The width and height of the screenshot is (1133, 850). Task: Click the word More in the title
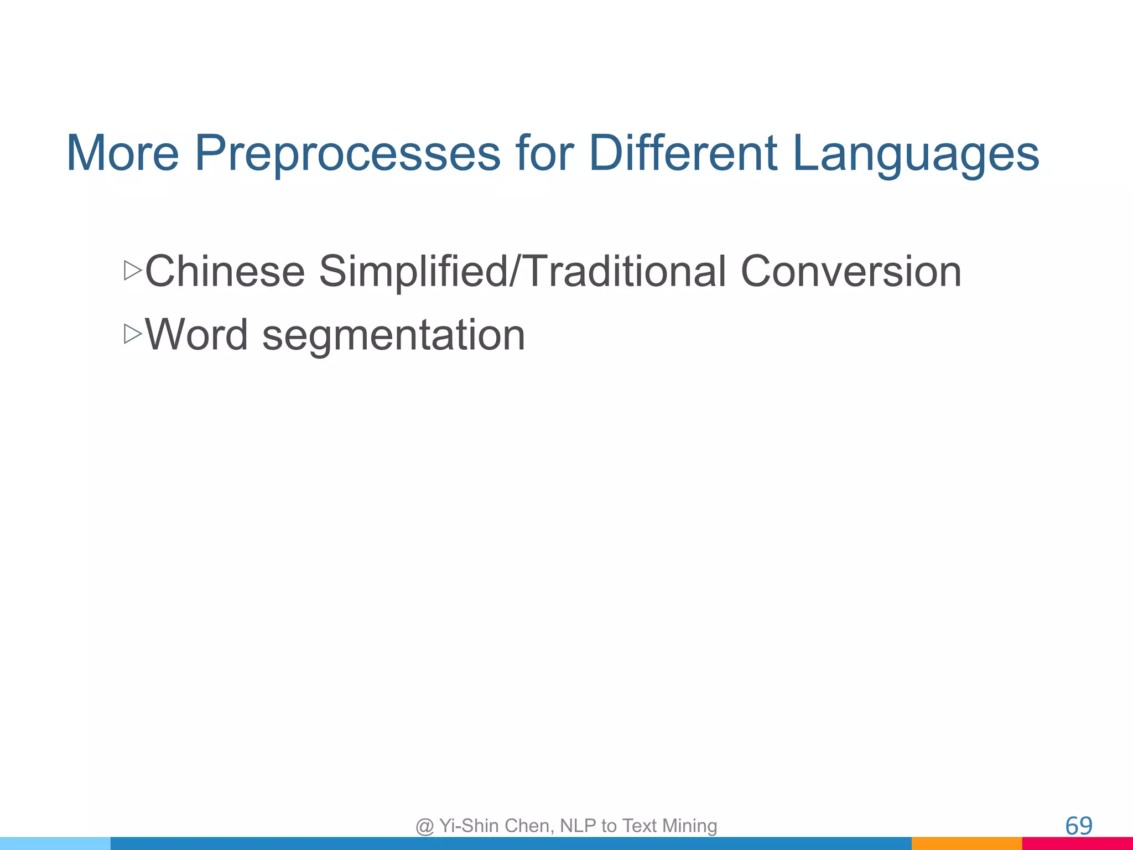[x=123, y=153]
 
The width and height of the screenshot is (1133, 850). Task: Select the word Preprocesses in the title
[x=347, y=153]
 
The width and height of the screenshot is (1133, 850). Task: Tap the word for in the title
[x=544, y=153]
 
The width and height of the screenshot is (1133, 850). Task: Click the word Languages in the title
[x=916, y=153]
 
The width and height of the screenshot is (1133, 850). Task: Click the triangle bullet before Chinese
[x=133, y=271]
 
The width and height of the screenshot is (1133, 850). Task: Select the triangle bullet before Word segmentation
[x=133, y=334]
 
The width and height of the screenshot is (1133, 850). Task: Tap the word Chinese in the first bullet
[x=225, y=271]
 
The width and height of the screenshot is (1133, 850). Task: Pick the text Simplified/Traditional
[x=522, y=271]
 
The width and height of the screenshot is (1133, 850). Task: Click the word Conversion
[x=851, y=271]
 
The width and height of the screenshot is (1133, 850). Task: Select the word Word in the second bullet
[x=196, y=335]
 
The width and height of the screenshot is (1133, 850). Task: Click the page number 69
[x=1078, y=826]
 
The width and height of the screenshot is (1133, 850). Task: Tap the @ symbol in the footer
[x=424, y=826]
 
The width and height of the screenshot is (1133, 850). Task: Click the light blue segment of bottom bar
[x=55, y=843]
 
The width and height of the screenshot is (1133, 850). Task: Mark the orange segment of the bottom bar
[x=966, y=843]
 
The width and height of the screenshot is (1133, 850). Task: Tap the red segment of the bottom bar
[x=1077, y=843]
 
